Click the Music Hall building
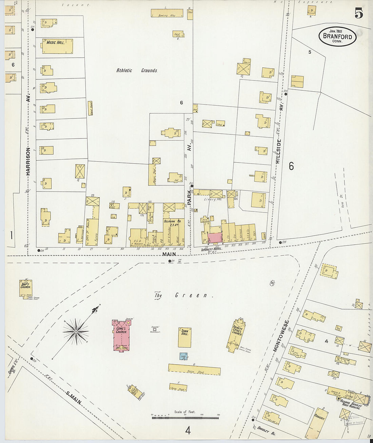pos(58,46)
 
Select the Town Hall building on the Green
pos(184,337)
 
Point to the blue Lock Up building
pos(183,356)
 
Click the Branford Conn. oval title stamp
pos(337,37)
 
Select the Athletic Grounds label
pos(137,71)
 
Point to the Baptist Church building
pos(26,288)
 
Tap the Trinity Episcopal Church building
pos(236,334)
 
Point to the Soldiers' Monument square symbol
pos(155,329)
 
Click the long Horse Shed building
pos(194,370)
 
